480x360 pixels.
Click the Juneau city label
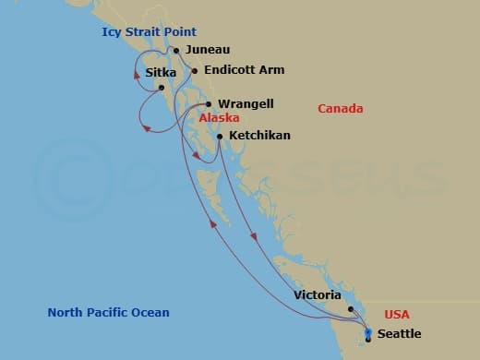point(207,50)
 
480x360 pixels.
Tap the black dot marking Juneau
point(176,51)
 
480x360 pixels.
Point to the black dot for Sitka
point(162,88)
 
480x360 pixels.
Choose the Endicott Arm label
point(244,69)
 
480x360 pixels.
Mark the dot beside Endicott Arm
point(195,70)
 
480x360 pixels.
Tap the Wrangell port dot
point(210,104)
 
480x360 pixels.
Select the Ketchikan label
point(259,136)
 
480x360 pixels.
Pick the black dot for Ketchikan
point(220,137)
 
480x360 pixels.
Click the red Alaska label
point(220,118)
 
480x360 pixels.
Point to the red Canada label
point(340,109)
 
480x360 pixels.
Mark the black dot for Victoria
point(351,297)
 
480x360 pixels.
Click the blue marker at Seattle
point(368,333)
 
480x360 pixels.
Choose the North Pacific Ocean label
point(108,312)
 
